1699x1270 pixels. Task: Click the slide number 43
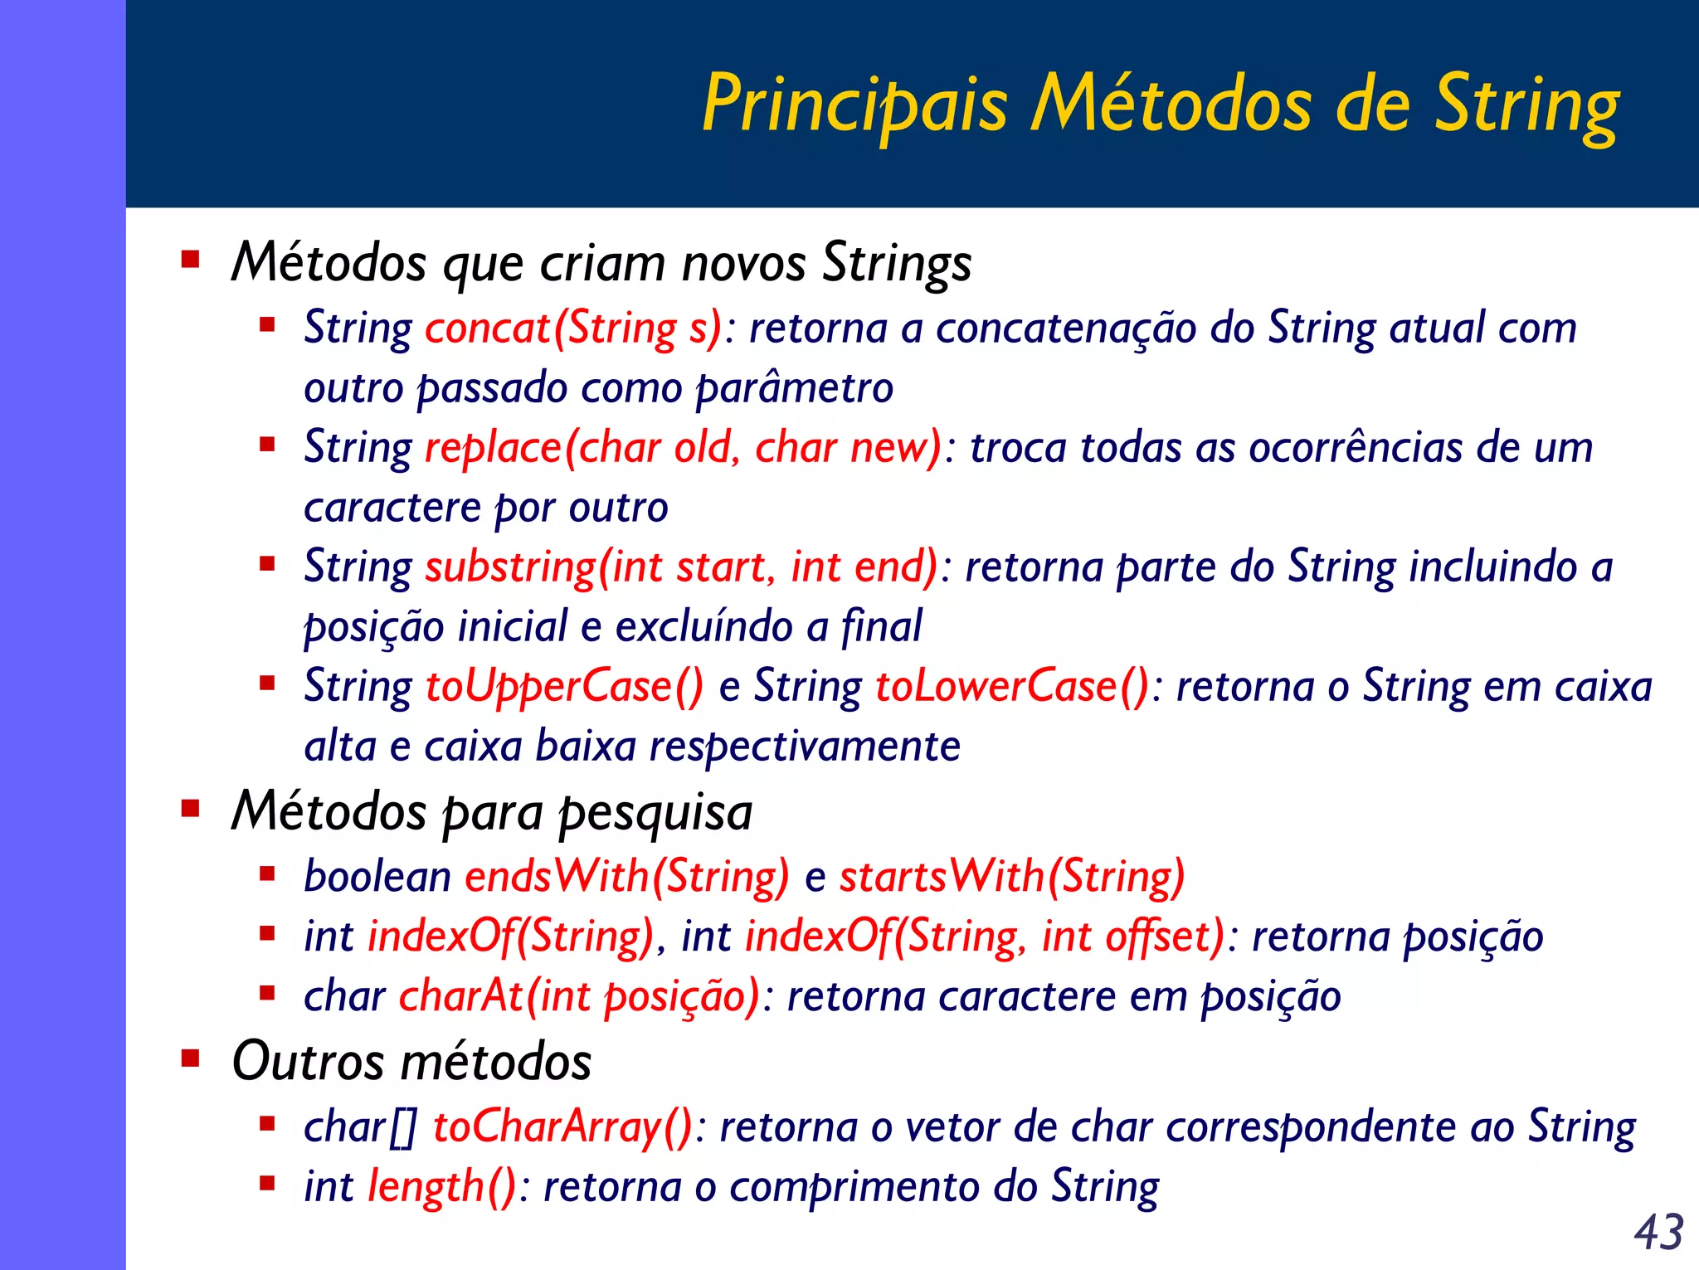click(1658, 1232)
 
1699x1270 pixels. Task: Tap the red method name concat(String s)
click(573, 328)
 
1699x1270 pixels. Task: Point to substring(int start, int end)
click(681, 567)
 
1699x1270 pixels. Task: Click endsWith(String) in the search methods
click(627, 877)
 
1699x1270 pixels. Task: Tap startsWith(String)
click(1012, 877)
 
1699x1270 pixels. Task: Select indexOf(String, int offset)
click(985, 937)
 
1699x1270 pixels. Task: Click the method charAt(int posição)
click(579, 996)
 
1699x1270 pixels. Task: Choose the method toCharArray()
click(562, 1127)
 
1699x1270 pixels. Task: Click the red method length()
click(442, 1186)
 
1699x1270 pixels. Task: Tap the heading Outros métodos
click(411, 1061)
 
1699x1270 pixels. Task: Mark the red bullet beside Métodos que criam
click(191, 260)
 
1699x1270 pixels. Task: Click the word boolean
click(377, 877)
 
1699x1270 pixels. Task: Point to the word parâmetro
click(794, 388)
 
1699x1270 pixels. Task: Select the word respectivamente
click(804, 747)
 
